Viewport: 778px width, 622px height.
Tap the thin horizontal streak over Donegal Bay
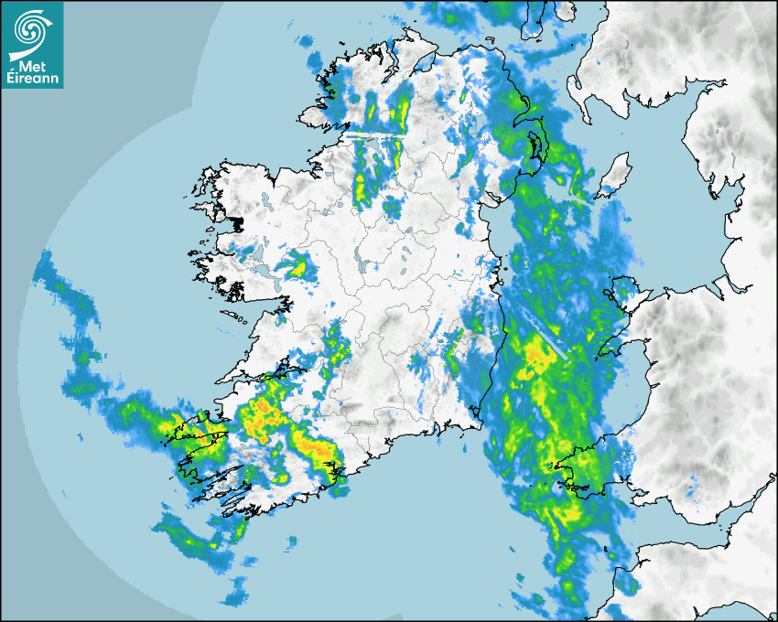coord(374,134)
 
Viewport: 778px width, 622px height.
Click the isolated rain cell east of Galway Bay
coord(295,267)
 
